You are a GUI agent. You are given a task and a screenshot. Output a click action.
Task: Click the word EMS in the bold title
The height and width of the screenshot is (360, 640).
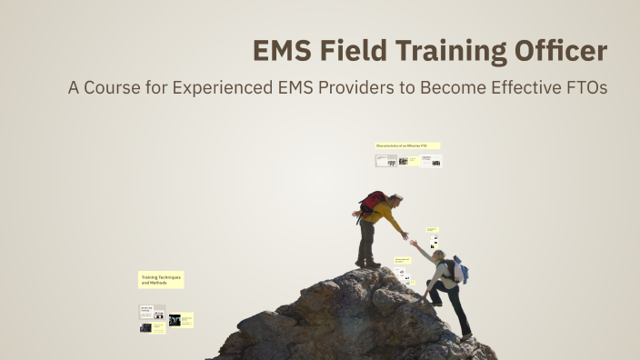click(x=283, y=52)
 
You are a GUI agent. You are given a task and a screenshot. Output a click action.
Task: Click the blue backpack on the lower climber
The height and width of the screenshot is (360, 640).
click(x=460, y=269)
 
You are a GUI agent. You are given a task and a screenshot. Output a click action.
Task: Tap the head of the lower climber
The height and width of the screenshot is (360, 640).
click(x=439, y=255)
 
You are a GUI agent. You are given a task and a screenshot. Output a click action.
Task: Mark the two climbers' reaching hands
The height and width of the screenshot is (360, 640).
click(x=408, y=239)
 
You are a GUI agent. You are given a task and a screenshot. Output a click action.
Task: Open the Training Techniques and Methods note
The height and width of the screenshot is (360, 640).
click(x=161, y=280)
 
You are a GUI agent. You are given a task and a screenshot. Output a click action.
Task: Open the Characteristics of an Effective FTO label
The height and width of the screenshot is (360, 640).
click(x=407, y=145)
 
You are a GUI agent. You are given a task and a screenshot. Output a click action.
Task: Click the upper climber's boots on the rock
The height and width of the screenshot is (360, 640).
click(x=367, y=264)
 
